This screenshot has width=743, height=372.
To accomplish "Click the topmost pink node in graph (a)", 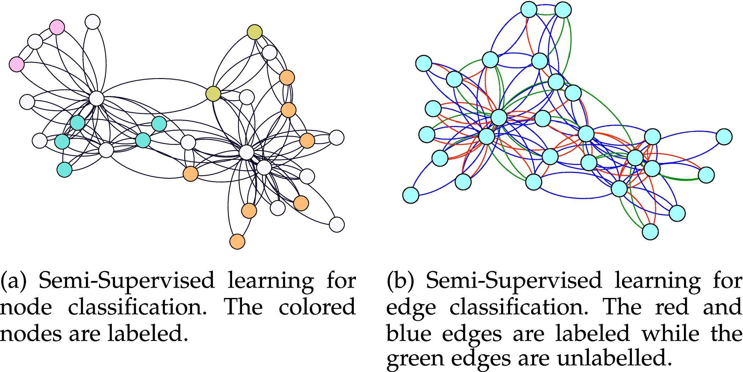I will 57,27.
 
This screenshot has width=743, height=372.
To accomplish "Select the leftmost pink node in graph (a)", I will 17,64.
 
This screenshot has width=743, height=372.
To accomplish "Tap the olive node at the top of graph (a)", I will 254,32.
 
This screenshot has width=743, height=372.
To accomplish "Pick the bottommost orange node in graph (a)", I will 237,242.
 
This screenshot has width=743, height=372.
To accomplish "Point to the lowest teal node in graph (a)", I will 64,169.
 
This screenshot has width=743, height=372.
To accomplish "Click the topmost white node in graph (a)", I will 92,22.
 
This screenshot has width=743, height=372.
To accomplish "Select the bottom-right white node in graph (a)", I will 336,224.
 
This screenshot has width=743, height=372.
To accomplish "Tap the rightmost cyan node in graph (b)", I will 724,137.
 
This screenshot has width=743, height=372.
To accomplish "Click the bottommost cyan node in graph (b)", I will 650,232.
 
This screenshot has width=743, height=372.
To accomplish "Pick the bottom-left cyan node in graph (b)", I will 411,195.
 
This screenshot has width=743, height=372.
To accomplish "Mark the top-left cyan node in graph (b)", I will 424,63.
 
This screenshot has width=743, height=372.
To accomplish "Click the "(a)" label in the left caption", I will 13,281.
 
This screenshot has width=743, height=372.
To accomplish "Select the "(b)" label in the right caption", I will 400,281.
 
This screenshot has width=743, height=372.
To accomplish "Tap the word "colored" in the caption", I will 317,307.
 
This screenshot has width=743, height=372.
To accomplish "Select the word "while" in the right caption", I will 671,333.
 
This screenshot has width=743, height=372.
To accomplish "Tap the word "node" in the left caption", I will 26,307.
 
